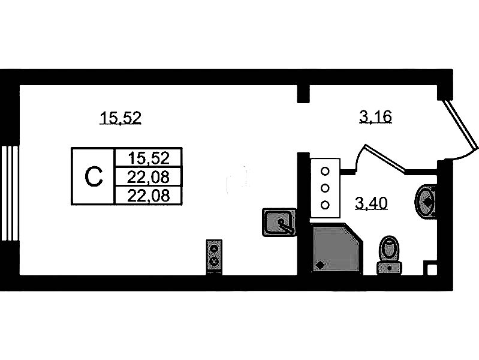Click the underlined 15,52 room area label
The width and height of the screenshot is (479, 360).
[x=120, y=118]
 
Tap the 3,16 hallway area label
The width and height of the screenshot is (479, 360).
[x=375, y=116]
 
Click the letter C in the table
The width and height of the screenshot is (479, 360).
[x=93, y=176]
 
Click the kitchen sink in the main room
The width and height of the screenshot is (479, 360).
[x=279, y=221]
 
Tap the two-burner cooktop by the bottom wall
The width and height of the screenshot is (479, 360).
[x=215, y=255]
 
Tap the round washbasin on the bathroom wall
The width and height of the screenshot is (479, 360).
[x=427, y=200]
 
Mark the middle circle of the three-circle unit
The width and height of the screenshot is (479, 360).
[x=326, y=187]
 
